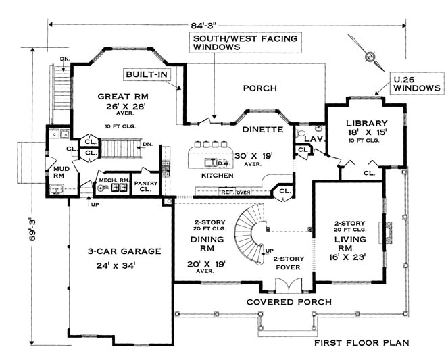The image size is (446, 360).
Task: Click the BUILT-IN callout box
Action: point(145,73)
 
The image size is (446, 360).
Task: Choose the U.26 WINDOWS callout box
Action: point(415,84)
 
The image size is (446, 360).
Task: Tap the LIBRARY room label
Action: point(366,122)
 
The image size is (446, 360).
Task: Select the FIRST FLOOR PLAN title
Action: point(361,342)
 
